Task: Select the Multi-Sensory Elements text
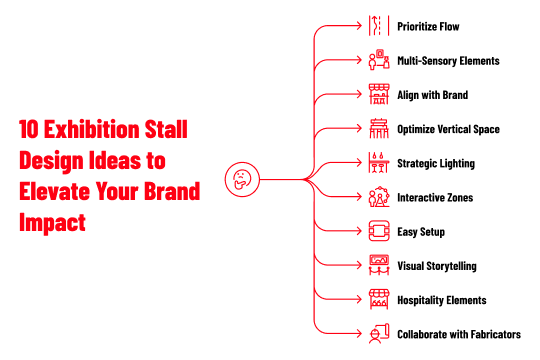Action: (x=448, y=61)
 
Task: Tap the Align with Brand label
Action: (x=433, y=95)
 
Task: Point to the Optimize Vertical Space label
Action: (x=448, y=129)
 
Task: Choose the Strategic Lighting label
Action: (x=436, y=163)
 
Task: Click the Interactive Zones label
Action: (x=435, y=198)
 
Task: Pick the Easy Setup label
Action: (x=421, y=232)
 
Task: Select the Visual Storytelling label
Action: (x=436, y=266)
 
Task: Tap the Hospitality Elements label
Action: (x=441, y=300)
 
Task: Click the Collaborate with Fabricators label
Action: (x=458, y=334)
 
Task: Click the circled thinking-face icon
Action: (x=242, y=180)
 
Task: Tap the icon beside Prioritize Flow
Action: (x=378, y=26)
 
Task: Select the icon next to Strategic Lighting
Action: (x=378, y=163)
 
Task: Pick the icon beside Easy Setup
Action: (x=378, y=232)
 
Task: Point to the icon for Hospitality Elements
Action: (x=378, y=300)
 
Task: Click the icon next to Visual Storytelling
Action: (x=378, y=266)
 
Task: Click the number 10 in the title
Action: (x=30, y=130)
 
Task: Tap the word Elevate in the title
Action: (x=55, y=191)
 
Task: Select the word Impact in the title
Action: (x=52, y=222)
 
